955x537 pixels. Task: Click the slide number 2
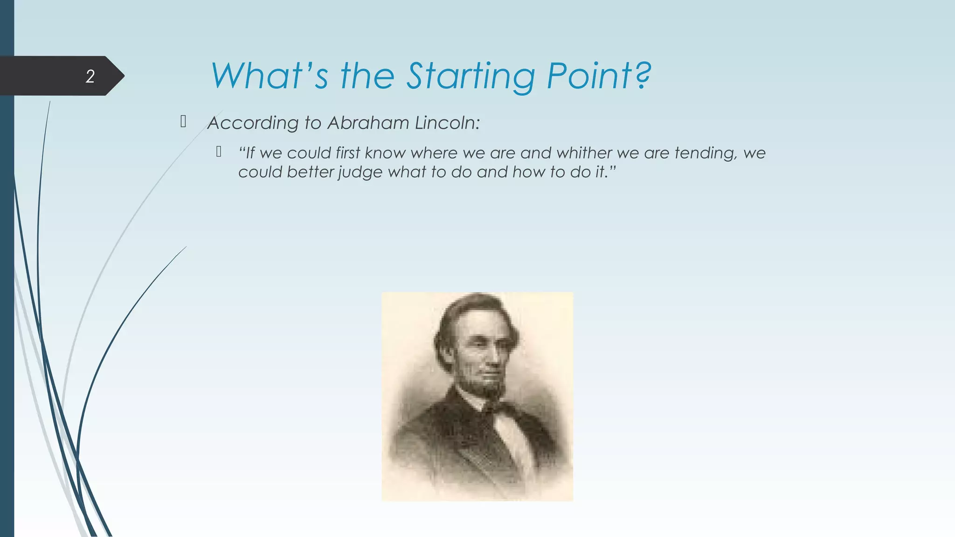pos(90,76)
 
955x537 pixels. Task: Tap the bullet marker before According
pos(183,122)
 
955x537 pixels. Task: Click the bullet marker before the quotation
pos(219,151)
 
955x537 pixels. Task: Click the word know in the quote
pos(385,153)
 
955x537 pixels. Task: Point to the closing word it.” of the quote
pos(606,172)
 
